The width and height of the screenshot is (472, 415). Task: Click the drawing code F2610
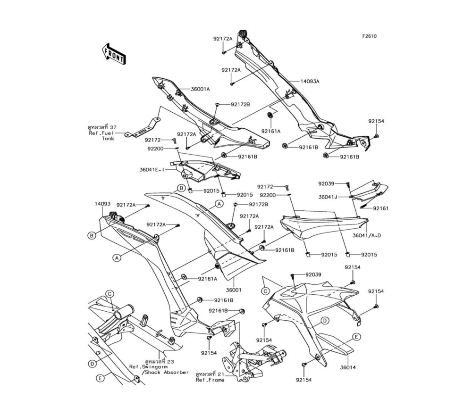point(370,36)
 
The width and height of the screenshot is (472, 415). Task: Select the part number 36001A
point(187,89)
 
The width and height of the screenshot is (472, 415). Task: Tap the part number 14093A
point(310,81)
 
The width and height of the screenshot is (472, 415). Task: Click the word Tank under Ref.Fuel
point(108,139)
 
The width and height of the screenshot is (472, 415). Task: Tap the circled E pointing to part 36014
point(357,336)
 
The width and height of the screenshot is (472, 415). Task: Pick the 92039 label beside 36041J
point(326,183)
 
